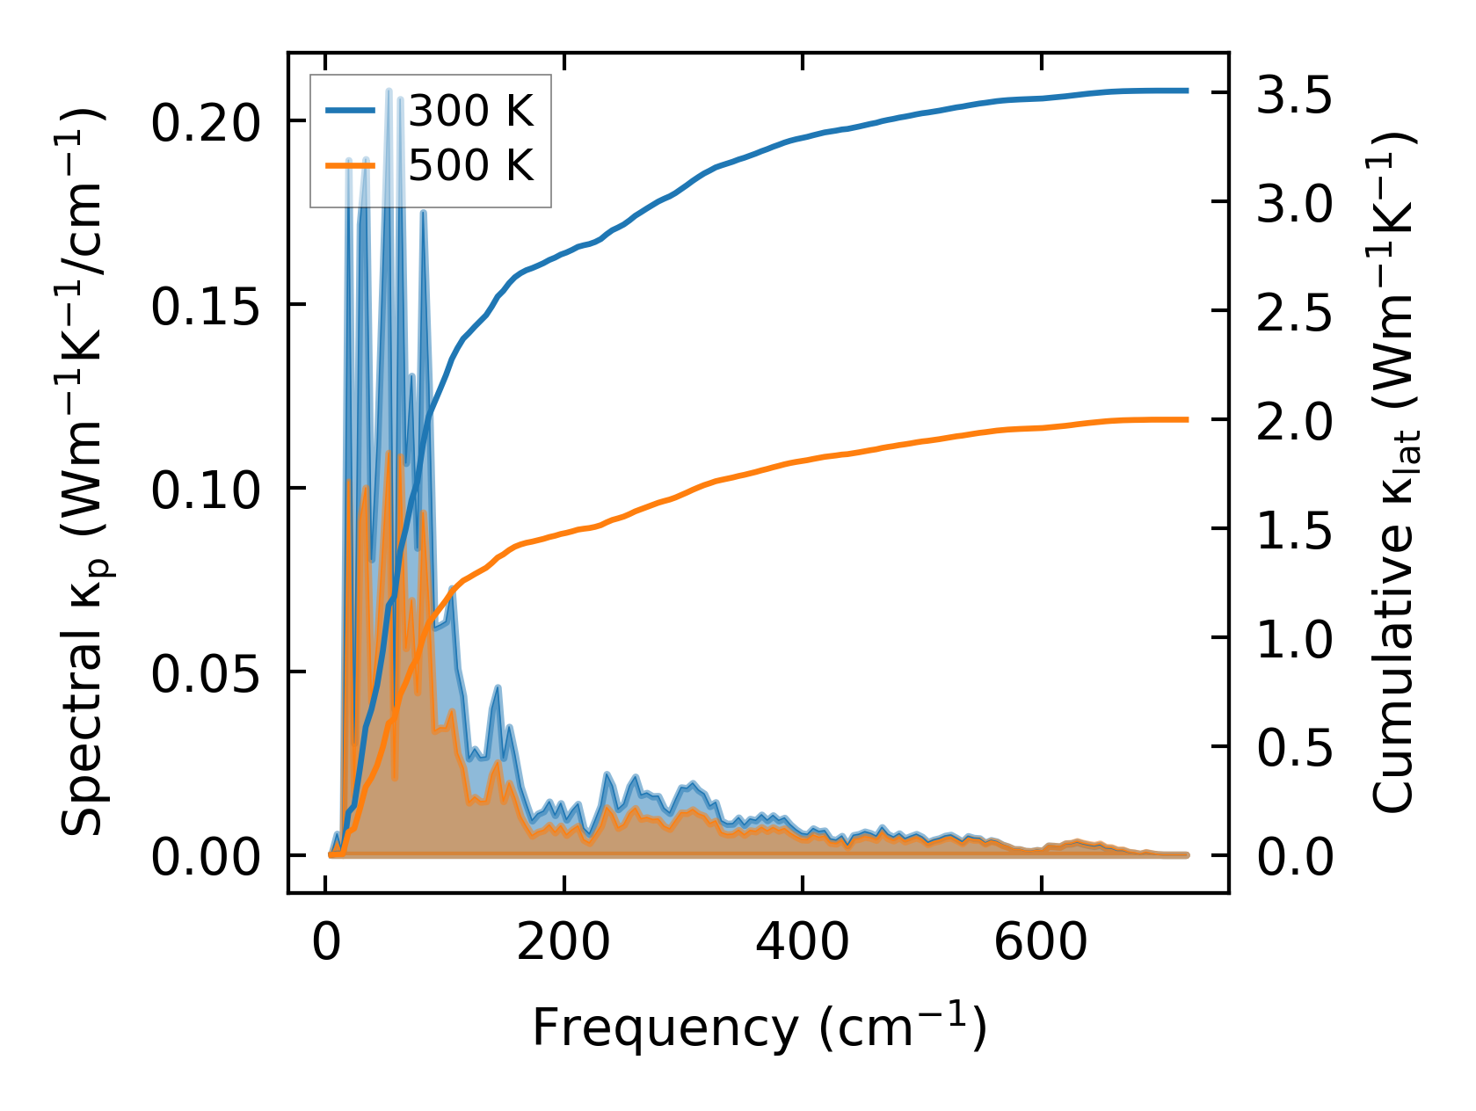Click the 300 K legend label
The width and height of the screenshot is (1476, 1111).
point(471,112)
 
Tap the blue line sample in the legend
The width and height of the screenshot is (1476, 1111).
point(351,111)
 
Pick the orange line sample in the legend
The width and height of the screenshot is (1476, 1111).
point(351,164)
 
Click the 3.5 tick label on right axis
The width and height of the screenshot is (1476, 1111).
point(1293,94)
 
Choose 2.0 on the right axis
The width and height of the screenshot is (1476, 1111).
point(1293,421)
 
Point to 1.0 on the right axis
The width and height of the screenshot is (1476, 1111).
point(1293,639)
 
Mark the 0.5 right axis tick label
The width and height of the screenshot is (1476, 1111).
point(1293,748)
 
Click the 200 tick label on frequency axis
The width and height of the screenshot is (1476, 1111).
point(563,943)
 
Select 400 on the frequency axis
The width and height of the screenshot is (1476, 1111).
point(803,943)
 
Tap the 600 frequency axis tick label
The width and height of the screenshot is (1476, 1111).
point(1041,943)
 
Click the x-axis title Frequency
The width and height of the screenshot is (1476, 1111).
point(665,1027)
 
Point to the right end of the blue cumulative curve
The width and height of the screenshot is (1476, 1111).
point(1187,91)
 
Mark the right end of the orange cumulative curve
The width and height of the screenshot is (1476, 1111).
point(1187,419)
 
